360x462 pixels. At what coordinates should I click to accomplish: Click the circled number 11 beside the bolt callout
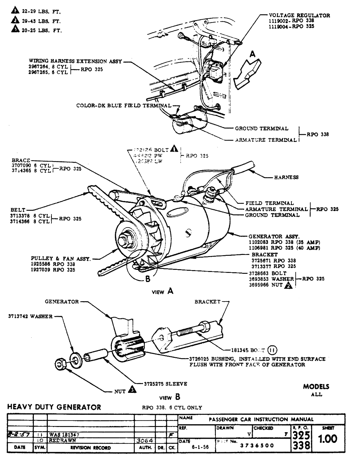272,350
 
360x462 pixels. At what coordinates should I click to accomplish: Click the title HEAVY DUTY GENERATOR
54,407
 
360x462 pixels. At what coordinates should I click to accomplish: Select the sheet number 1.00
328,439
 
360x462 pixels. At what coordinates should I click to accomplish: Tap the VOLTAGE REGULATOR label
299,16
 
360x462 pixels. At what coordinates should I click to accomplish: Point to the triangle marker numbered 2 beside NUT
289,285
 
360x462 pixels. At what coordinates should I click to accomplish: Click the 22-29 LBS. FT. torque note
41,12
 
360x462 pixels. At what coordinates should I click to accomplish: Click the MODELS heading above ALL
316,387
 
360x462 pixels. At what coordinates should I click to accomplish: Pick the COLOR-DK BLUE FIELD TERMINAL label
124,106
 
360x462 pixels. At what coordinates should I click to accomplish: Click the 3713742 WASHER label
30,316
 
